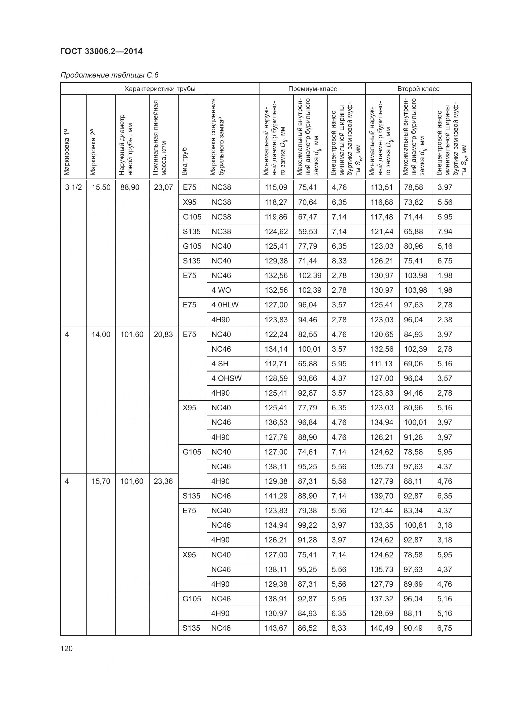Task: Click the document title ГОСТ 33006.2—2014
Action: (x=101, y=51)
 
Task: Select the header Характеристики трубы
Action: (x=160, y=89)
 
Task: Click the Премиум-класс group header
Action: (x=312, y=89)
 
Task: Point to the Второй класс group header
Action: (x=418, y=89)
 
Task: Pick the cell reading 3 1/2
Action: (x=73, y=187)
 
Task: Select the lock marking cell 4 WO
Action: (x=221, y=290)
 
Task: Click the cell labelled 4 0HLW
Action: (x=225, y=305)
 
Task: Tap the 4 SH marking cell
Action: (x=220, y=364)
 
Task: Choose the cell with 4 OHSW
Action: (x=226, y=378)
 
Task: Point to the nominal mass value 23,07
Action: (x=163, y=187)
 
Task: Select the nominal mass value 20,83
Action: (x=163, y=334)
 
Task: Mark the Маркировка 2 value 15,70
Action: (x=101, y=481)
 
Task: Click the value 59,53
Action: (x=307, y=231)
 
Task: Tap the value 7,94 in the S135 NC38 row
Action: (x=445, y=231)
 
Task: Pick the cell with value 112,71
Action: (x=276, y=364)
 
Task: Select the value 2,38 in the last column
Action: (x=445, y=320)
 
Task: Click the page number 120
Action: (x=67, y=648)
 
